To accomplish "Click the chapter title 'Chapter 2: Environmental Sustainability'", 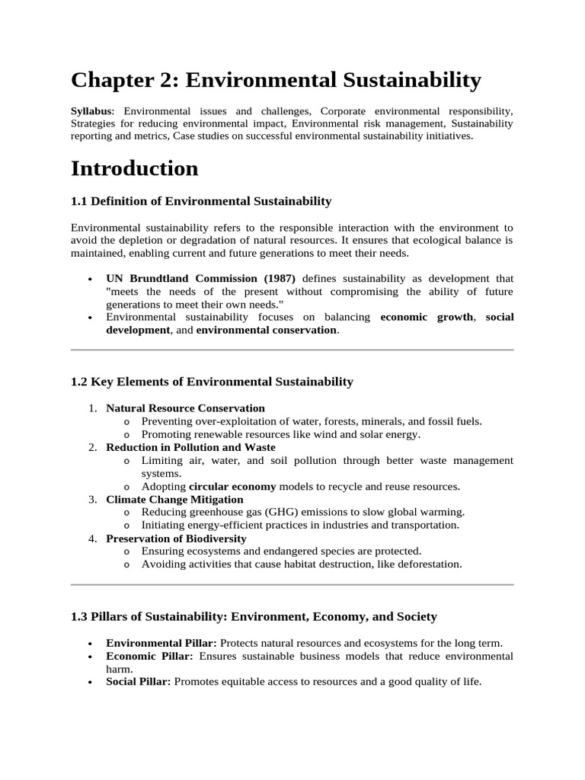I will point(276,79).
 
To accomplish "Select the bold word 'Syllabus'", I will point(91,111).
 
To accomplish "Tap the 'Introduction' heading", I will point(134,168).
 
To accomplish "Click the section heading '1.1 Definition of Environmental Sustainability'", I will point(201,201).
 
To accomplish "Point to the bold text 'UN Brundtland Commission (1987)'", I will point(200,278).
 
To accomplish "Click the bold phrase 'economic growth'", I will point(426,317).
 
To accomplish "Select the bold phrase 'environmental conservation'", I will point(266,330).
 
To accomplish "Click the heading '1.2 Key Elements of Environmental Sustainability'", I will point(212,382).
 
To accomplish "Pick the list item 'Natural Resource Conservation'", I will point(185,408).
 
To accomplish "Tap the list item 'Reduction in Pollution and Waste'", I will point(190,447).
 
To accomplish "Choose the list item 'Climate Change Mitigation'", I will point(174,499).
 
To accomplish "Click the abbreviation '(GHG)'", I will point(279,512).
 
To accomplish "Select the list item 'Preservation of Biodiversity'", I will point(176,538).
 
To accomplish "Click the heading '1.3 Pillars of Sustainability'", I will point(254,615).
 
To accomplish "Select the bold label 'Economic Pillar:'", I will point(149,656).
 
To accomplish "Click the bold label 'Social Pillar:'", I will point(138,682).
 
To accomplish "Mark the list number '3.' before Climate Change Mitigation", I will point(92,499).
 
